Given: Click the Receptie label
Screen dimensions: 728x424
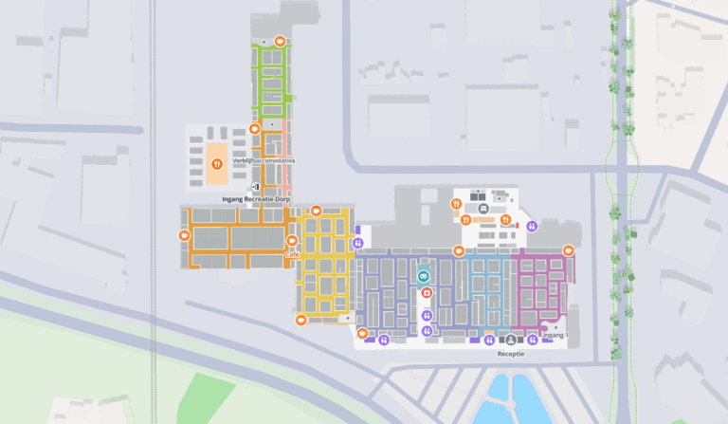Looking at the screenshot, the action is coord(511,353).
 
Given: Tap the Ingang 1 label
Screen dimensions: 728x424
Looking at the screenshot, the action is coord(555,335).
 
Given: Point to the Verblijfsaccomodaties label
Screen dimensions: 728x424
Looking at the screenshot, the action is coord(264,160).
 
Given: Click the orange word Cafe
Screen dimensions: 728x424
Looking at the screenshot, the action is coord(292,254).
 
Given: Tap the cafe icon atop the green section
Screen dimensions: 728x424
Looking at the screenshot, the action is coord(280,40).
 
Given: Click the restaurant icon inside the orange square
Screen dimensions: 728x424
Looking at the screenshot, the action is coord(217,163).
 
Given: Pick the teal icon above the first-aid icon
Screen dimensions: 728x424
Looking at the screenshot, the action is coord(423,276).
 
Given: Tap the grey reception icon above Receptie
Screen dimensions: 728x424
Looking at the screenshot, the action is coord(511,339).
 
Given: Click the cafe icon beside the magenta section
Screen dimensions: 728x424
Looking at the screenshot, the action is coord(568,250).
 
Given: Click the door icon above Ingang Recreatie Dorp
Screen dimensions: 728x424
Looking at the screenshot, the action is coord(256,188).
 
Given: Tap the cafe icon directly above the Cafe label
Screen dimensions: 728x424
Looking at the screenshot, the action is coord(292,241).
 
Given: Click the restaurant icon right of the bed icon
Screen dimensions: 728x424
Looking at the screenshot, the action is coord(506,220).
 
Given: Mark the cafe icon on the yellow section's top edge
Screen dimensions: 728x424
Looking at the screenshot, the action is coord(316,211).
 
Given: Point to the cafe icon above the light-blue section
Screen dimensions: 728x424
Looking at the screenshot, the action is coord(459,251).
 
